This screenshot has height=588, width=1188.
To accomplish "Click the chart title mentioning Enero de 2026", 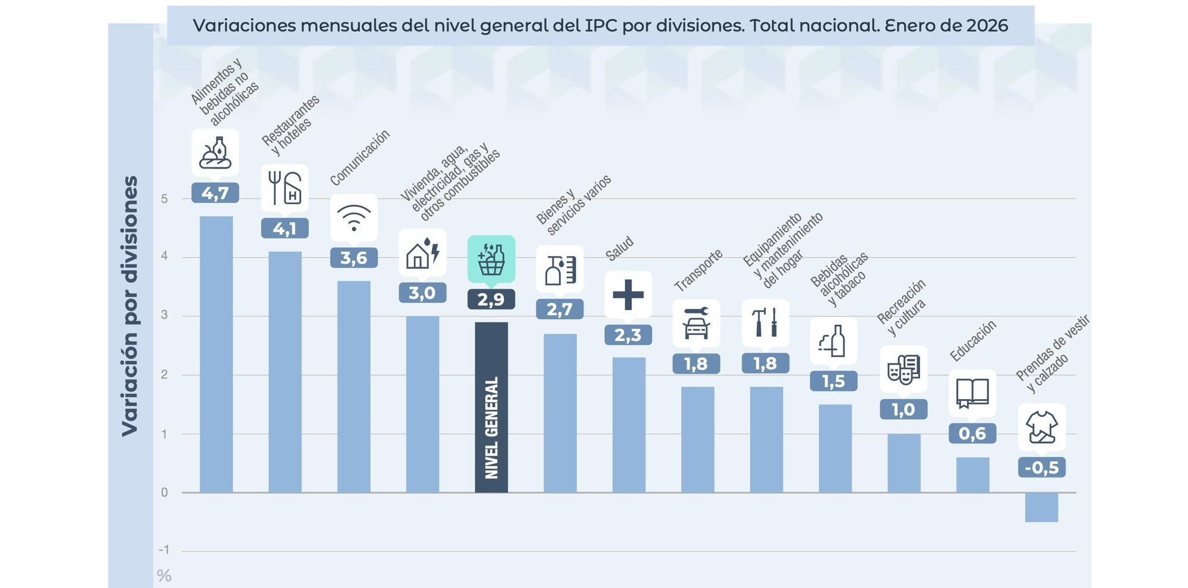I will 600,26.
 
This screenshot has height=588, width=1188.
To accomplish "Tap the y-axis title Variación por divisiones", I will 129,306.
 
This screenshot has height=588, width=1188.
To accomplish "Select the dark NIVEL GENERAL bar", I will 491,407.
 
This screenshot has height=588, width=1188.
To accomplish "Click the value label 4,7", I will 215,193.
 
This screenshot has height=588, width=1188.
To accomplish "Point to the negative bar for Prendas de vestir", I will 1041,507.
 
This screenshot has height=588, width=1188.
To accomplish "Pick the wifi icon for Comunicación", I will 353,217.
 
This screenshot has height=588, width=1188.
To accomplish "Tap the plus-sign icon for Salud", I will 628,295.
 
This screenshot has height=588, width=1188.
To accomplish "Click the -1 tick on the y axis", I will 164,550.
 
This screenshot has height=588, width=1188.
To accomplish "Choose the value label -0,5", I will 1041,467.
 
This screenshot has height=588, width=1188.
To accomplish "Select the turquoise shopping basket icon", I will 491,259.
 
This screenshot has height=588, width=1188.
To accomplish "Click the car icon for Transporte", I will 696,323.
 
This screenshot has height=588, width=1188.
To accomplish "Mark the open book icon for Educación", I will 972,393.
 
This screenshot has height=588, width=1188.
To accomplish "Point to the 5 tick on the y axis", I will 165,199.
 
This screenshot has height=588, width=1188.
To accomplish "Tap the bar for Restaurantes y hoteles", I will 285,372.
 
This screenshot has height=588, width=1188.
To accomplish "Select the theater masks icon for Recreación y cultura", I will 903,369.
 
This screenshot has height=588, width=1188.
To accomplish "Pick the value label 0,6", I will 972,434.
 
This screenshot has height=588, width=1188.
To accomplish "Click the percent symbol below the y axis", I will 164,576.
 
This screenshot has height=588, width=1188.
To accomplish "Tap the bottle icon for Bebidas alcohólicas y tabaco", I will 833,341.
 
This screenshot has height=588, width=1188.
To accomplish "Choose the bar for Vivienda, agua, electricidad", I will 422,404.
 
